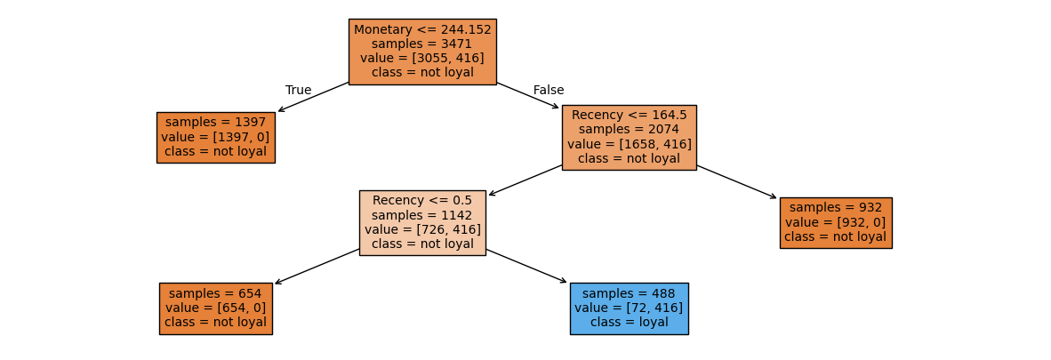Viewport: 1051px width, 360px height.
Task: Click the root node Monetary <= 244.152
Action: [422, 52]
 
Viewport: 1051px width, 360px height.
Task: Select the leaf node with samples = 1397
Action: [215, 137]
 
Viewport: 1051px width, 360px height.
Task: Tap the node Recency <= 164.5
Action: [629, 137]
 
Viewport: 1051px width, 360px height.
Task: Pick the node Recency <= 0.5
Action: [422, 222]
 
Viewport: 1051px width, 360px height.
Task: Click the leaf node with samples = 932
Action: [835, 222]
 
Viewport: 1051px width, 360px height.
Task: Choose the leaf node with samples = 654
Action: [215, 308]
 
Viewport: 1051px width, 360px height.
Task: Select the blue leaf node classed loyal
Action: [629, 308]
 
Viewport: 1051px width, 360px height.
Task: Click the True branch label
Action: [298, 90]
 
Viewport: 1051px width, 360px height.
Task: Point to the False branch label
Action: [549, 90]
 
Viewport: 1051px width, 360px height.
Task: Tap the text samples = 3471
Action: [422, 44]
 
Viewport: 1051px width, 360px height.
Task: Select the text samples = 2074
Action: [629, 129]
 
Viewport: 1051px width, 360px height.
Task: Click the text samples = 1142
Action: [422, 215]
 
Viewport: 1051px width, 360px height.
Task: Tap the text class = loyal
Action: [629, 322]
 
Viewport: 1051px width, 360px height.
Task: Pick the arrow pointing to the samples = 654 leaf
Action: [317, 266]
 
